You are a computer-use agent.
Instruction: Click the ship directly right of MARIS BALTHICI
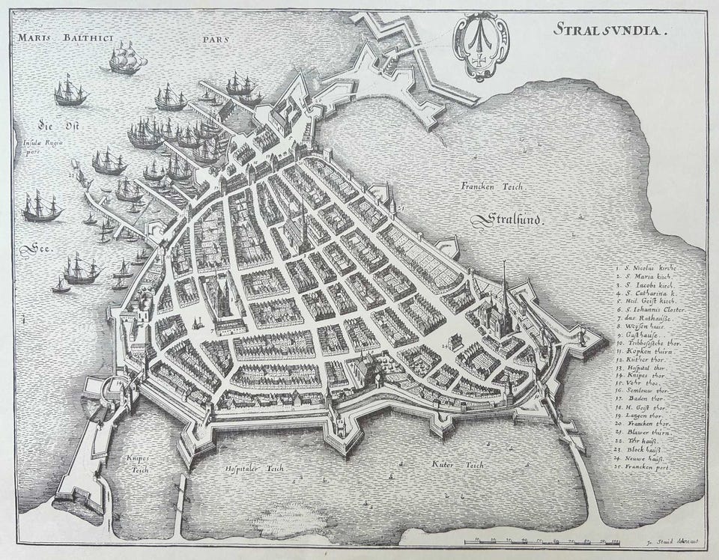tap(125, 58)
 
